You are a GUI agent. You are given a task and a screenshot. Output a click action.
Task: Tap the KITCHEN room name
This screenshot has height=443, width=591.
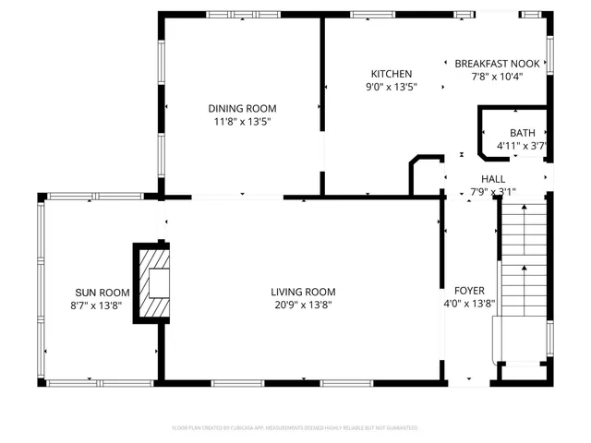[x=392, y=74]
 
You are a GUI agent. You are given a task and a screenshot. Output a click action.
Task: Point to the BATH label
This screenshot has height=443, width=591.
[x=522, y=133]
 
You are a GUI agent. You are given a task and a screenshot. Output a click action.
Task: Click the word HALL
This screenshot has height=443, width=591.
[x=492, y=178]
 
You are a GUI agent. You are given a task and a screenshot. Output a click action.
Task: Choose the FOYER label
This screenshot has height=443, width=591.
[x=470, y=291]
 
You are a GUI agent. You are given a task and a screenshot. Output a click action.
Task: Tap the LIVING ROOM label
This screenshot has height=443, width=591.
[x=302, y=291]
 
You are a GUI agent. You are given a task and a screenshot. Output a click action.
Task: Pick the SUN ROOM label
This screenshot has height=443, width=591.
[x=96, y=291]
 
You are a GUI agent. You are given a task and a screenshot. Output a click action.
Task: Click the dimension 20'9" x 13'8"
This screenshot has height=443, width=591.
[x=302, y=305]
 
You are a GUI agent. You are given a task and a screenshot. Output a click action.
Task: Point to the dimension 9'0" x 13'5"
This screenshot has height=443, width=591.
[x=392, y=88]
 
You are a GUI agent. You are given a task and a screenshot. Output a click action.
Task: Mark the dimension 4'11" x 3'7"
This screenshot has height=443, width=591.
[x=523, y=146]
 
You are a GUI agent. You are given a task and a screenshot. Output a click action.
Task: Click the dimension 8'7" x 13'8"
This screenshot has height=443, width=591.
[x=96, y=305]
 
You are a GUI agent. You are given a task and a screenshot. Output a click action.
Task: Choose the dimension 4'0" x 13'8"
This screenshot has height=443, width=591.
[x=470, y=304]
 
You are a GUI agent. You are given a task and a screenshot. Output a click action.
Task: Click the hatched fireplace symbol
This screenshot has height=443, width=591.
[x=152, y=283]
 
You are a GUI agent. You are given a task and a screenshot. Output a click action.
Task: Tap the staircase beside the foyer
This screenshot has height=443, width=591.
[x=524, y=277]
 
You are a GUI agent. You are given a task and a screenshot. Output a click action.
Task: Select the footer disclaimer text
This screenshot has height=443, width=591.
[x=295, y=427]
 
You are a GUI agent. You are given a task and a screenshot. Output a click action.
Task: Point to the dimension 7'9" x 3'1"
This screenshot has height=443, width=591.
[x=492, y=192]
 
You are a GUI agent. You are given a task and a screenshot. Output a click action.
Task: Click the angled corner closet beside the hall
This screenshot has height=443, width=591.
[x=425, y=176]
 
